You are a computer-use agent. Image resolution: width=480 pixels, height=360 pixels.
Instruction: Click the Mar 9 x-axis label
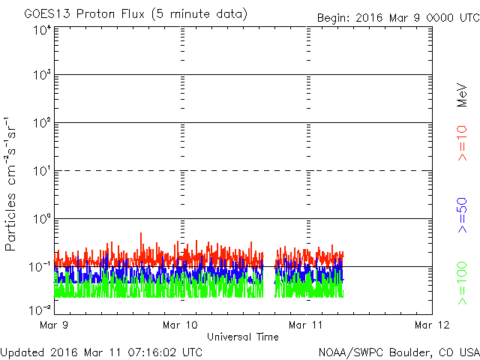point(55,325)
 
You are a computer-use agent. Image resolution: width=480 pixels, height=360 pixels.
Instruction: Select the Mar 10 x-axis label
point(181,325)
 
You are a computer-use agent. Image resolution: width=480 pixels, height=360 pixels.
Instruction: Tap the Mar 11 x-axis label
point(306,325)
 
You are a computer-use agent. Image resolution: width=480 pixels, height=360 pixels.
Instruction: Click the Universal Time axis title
point(242,337)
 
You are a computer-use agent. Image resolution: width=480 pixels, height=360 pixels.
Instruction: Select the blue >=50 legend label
point(463,214)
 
